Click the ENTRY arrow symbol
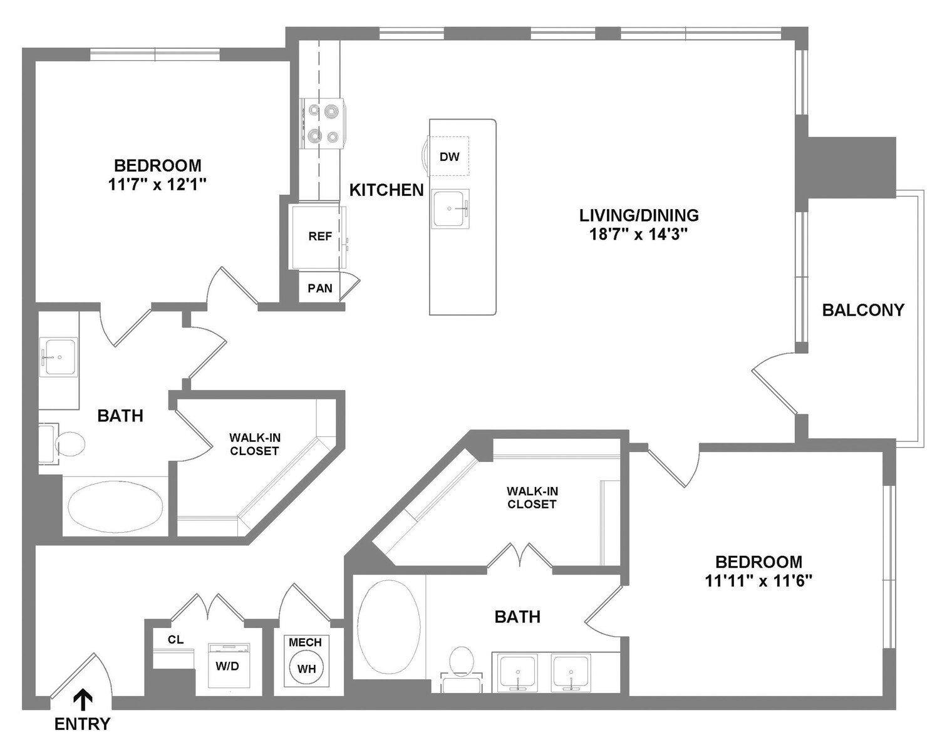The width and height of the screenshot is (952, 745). point(82,699)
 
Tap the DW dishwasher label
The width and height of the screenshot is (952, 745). point(449,157)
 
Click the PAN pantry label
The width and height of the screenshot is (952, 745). point(319,288)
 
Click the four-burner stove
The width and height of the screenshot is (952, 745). point(323,123)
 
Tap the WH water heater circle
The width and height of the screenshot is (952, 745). point(306,668)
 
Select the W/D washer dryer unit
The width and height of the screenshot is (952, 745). point(228,665)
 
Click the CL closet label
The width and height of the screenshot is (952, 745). point(175,639)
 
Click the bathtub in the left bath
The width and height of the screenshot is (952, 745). point(115,506)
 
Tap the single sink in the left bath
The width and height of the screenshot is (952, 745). point(59,357)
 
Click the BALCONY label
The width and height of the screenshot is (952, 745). point(862,310)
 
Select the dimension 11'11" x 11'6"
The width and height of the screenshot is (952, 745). point(758,580)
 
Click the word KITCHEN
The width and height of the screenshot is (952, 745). point(386,190)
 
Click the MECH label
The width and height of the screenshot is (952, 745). point(305,642)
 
